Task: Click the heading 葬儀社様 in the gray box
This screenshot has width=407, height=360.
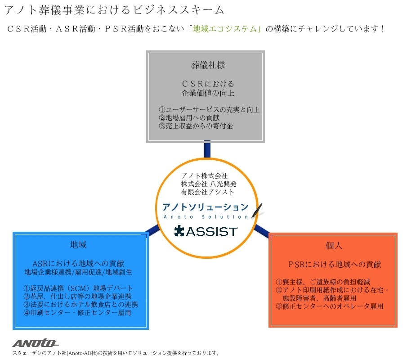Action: point(208,65)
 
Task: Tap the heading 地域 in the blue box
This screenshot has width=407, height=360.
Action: point(78,244)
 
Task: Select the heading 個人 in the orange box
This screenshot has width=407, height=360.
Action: point(334,245)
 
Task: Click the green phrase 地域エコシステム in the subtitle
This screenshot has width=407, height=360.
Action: point(224,28)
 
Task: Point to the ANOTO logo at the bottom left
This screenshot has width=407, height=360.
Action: point(36,343)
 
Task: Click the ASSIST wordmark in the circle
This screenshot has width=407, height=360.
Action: point(211,231)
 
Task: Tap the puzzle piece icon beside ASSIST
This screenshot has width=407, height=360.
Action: point(179,231)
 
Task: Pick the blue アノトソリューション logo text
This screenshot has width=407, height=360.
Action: point(206,207)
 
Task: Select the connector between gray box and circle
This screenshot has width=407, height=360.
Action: point(207,149)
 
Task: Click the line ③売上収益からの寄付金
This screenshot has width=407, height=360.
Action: point(196,126)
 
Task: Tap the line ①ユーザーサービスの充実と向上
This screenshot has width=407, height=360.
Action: point(209,110)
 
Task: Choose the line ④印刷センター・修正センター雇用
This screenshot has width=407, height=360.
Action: point(77,312)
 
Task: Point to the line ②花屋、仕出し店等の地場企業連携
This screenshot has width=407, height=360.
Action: point(77,296)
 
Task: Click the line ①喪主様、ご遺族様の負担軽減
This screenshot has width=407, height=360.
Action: point(322,282)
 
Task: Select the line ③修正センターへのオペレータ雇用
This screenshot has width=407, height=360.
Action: point(329,306)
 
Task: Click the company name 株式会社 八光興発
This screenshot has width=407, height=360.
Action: point(209,184)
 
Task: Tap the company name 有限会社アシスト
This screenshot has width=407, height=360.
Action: point(208,192)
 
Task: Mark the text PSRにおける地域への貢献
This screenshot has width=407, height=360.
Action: point(335,265)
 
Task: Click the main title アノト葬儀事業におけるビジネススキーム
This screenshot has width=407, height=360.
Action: point(114,10)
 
